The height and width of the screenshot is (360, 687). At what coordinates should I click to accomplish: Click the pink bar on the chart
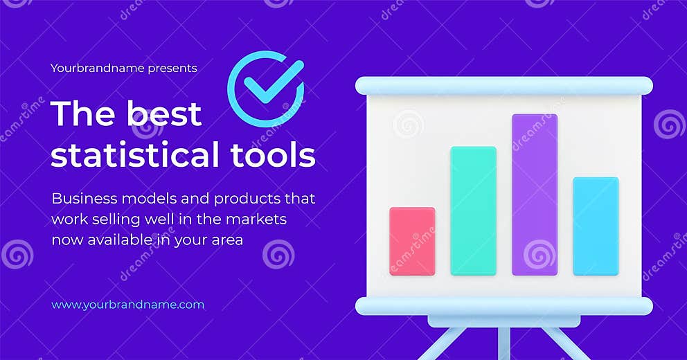[x=412, y=241]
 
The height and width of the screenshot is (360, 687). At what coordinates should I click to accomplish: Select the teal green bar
[x=473, y=210]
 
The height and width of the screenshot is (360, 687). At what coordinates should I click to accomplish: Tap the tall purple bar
[x=534, y=195]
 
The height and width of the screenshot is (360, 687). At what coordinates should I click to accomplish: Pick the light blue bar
[x=596, y=226]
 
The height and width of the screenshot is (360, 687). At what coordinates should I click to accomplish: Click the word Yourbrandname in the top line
[x=97, y=68]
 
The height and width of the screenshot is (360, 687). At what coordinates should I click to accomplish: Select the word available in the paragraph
[x=123, y=240]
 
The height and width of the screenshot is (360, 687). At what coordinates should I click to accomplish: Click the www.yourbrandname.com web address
[x=128, y=305]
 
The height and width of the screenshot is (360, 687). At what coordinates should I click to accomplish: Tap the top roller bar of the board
[x=503, y=86]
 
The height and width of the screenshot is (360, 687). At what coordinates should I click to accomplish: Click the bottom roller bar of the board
[x=503, y=306]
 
